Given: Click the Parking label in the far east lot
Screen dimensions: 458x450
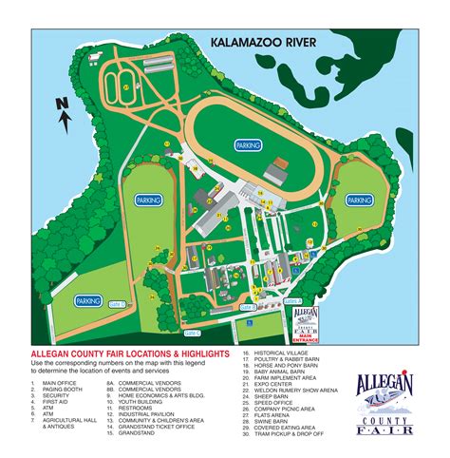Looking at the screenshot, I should coord(359,200).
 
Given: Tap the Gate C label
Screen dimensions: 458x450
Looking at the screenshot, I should coord(193,334).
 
